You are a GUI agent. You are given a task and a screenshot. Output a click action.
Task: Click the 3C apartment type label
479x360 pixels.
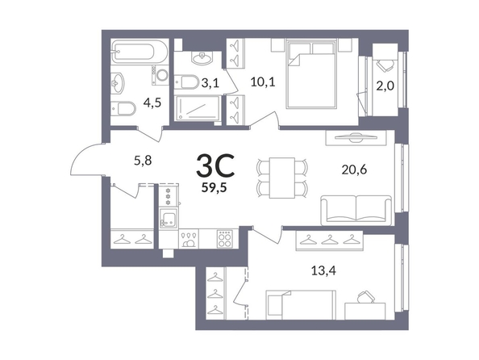[x=215, y=165]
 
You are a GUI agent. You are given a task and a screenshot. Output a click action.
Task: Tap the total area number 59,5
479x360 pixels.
[x=214, y=187]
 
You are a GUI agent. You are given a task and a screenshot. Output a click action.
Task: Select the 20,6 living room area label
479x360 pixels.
[x=354, y=170]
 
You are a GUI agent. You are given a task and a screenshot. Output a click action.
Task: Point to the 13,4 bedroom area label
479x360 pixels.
[x=323, y=270]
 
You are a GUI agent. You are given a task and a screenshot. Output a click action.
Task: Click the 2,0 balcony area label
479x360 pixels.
[x=385, y=86]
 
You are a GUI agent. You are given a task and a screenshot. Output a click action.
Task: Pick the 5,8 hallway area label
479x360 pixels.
[x=143, y=160]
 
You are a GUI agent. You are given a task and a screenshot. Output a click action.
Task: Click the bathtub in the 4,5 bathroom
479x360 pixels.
[x=140, y=51]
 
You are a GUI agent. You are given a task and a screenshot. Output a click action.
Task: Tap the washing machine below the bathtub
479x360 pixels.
[x=160, y=75]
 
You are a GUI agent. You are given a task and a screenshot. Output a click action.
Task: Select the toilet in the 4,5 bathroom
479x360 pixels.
[x=123, y=108]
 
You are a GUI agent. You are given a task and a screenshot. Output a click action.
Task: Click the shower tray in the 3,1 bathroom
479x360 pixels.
[x=198, y=108]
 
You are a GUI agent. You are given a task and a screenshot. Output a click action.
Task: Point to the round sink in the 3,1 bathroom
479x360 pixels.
[x=202, y=57]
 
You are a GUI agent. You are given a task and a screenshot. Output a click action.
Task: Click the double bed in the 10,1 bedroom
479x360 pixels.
[x=311, y=73]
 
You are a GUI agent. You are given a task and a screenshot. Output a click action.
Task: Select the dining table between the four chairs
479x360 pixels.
[x=282, y=178]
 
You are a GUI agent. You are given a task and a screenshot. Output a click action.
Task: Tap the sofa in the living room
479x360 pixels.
[x=356, y=211]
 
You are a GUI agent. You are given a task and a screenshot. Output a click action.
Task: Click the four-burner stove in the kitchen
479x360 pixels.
[x=225, y=239]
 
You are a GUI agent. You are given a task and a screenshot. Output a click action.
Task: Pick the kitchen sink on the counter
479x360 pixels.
[x=168, y=218]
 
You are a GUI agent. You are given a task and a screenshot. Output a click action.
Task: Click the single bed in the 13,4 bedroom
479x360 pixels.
[x=301, y=305]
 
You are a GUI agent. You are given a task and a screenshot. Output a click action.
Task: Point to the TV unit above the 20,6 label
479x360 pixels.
[x=356, y=138]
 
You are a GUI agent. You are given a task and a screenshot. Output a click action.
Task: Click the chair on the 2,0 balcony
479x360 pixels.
[x=385, y=65]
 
